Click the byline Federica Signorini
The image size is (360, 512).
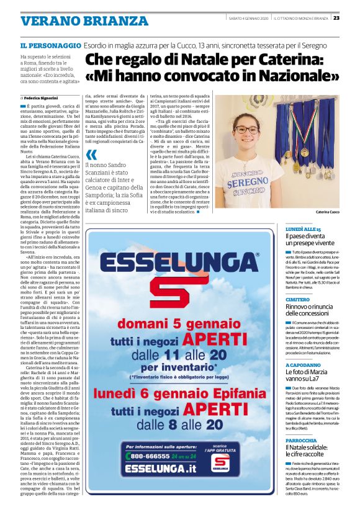point(42,98)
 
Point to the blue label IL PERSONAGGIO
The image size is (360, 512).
point(50,45)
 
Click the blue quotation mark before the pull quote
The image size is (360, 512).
point(92,155)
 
